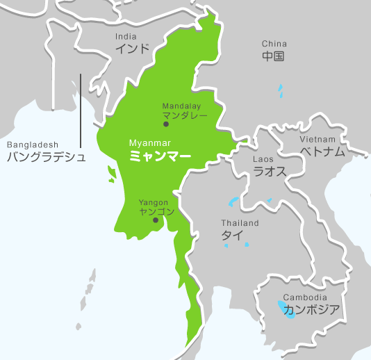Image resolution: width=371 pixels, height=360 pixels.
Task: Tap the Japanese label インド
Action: pos(132,49)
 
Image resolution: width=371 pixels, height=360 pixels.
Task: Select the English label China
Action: pos(274,44)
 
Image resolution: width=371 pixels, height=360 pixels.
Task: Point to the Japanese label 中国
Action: pos(274,56)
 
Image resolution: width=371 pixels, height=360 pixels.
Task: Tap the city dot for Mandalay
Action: pos(165,124)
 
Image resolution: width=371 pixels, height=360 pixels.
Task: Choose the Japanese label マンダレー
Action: pos(185,114)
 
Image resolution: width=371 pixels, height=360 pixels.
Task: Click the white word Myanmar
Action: pos(150,144)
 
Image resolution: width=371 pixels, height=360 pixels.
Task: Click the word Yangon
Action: pos(154,202)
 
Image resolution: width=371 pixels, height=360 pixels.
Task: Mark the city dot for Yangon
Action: pos(156,221)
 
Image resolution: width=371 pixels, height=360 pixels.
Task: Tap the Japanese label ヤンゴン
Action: pos(157,212)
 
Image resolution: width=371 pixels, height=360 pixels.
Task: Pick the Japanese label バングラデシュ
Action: pos(47,157)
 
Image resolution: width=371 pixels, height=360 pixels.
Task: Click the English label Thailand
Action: pos(240,223)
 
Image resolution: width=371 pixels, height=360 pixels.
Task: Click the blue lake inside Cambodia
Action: pos(284,308)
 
